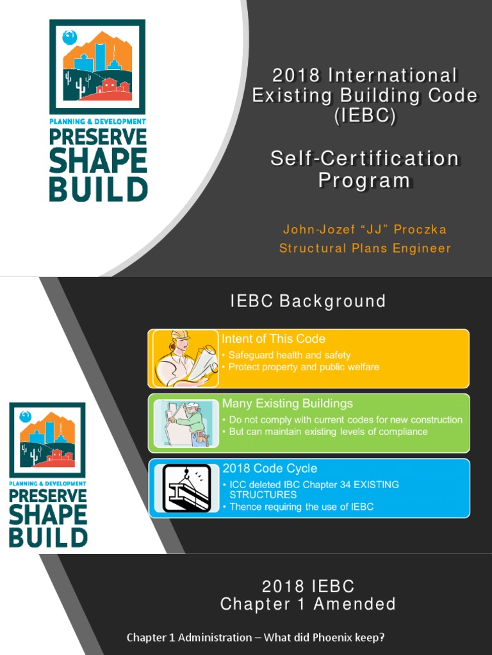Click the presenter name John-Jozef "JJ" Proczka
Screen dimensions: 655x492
coord(365,229)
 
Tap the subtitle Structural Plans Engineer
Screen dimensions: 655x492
coord(365,248)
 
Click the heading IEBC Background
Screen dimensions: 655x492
coord(308,301)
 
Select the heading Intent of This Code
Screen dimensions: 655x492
coord(274,339)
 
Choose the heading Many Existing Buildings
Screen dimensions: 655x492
coord(288,404)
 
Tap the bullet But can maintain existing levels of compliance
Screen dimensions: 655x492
coord(328,432)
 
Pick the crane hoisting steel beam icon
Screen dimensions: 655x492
coord(186,488)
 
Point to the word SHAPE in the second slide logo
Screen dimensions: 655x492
coord(47,514)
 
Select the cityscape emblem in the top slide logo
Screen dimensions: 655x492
coord(98,66)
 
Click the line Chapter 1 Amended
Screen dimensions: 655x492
coord(308,604)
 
